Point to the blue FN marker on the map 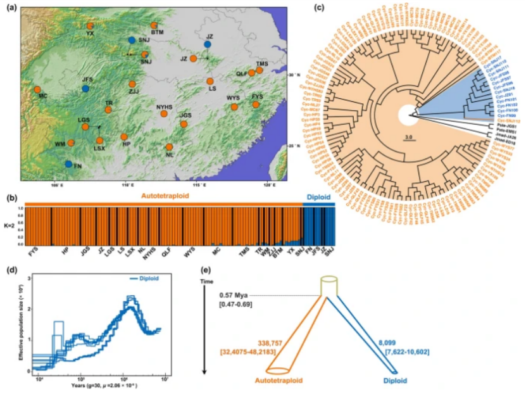coord(68,164)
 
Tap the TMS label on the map coord(262,63)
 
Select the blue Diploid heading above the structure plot coord(318,197)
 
